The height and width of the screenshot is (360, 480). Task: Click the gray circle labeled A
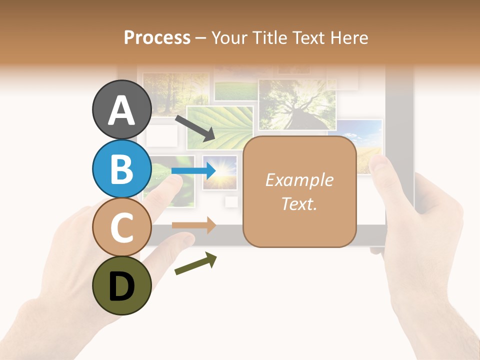coord(121,110)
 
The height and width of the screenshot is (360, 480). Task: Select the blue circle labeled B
coord(121,169)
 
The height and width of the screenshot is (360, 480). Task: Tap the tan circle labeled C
coord(121,227)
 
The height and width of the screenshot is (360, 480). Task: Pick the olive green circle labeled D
coord(121,285)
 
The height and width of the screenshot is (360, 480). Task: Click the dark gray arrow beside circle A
coord(195,128)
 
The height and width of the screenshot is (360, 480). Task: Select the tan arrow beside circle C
coord(193,225)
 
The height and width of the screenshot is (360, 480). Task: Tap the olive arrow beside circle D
coord(195,263)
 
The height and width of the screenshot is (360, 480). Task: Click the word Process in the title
coord(157,37)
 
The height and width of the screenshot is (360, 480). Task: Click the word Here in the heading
coord(350,37)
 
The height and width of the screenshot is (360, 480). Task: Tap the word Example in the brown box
coord(299,180)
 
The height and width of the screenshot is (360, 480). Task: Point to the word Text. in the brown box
coord(299,203)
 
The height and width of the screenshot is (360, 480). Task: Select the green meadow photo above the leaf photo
coord(235,90)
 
